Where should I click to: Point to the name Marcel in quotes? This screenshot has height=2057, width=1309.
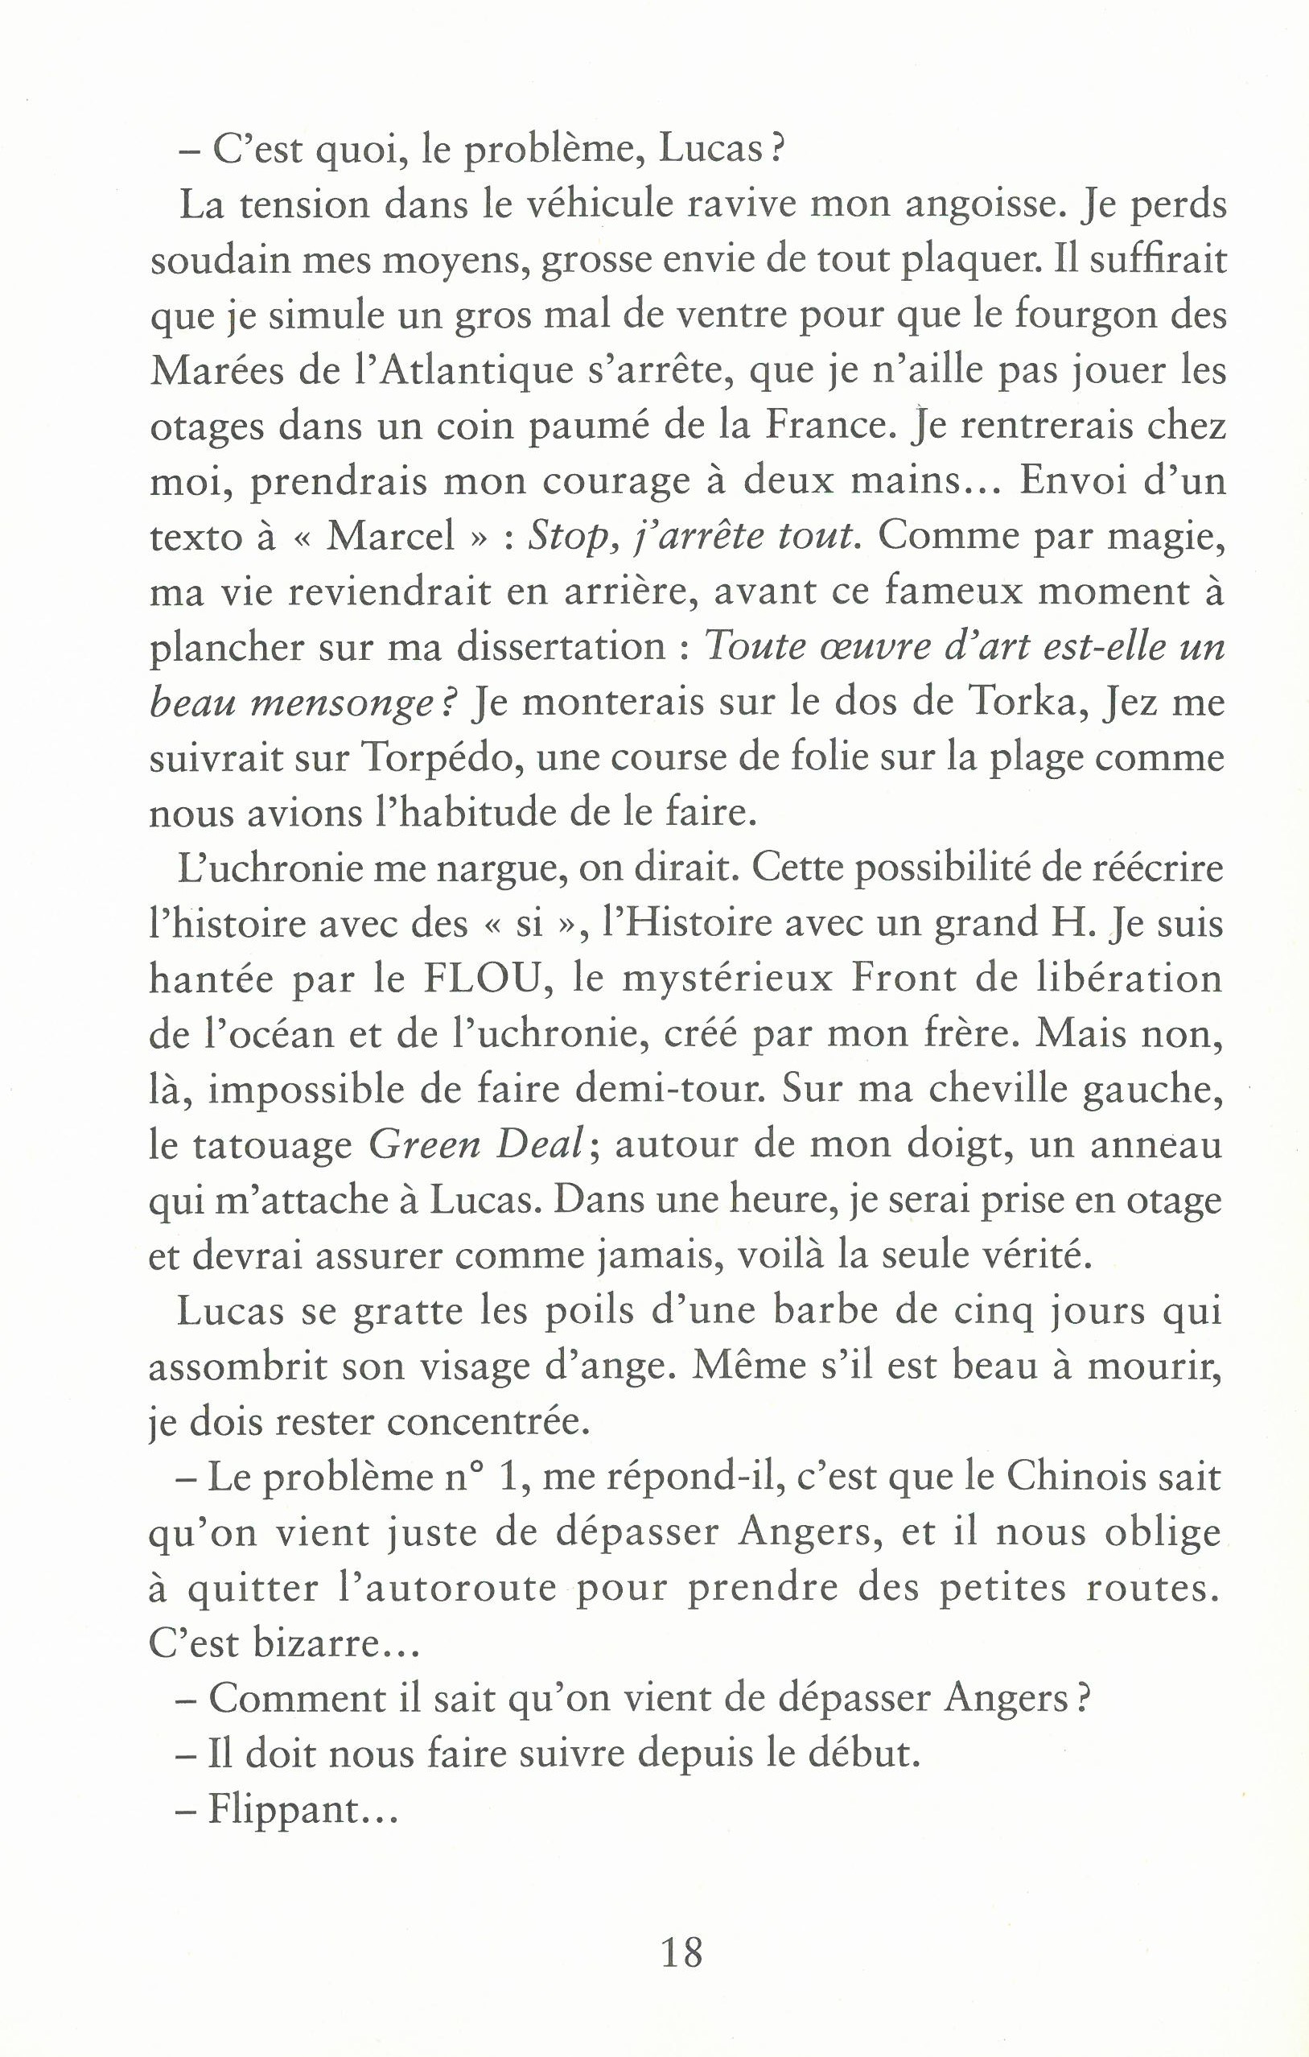coord(391,538)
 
